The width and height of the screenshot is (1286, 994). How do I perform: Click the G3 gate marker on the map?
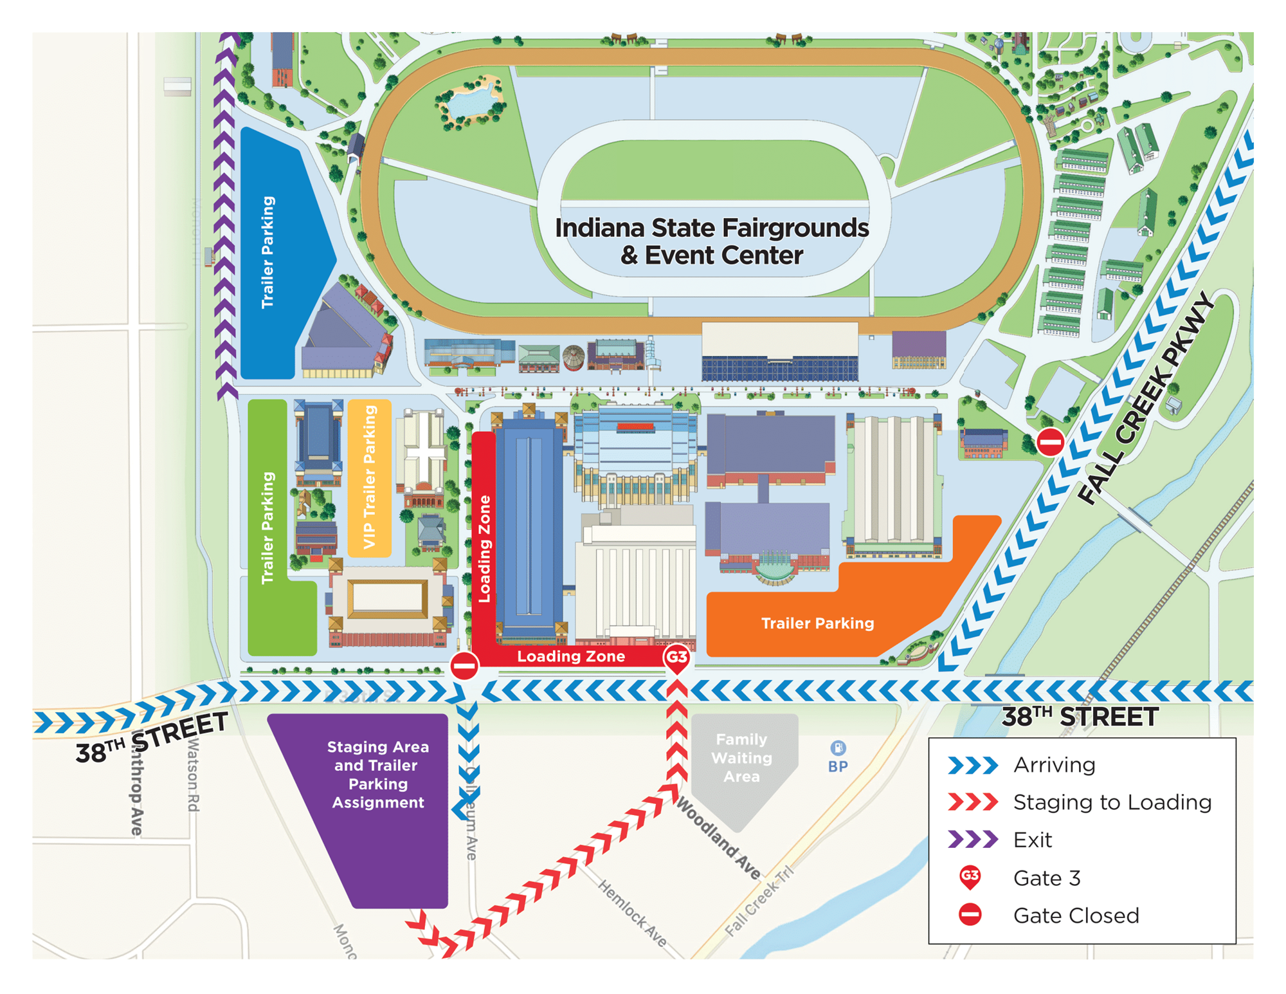click(676, 658)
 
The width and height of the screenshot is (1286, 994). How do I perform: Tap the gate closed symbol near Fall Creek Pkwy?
click(1050, 442)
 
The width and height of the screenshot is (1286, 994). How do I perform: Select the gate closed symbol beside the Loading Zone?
click(464, 666)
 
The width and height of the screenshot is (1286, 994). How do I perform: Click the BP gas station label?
click(838, 766)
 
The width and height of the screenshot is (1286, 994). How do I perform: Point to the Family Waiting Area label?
click(741, 758)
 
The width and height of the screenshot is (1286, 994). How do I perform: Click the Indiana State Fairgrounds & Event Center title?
click(712, 241)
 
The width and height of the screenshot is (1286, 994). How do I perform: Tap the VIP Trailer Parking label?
click(369, 477)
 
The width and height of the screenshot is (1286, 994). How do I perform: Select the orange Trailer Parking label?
click(817, 623)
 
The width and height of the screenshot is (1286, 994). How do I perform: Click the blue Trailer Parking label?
click(267, 252)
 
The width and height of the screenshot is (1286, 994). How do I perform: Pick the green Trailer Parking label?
click(267, 528)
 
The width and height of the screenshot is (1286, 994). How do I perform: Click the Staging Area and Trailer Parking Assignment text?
click(377, 774)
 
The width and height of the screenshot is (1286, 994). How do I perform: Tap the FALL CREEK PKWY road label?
click(1147, 399)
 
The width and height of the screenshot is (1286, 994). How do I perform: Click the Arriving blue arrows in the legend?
click(973, 765)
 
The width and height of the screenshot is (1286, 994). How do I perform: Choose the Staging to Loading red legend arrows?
click(973, 802)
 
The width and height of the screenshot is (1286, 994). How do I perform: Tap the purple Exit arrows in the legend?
click(973, 840)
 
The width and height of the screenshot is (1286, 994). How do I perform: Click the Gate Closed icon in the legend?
click(970, 915)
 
